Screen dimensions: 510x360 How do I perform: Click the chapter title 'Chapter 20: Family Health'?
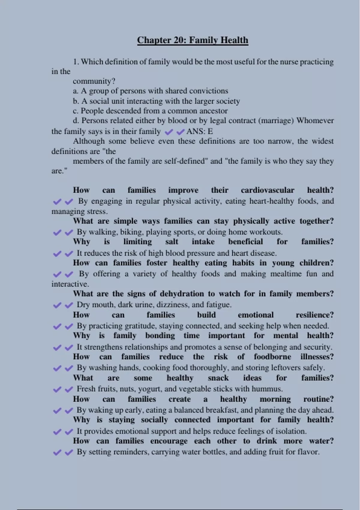(193, 40)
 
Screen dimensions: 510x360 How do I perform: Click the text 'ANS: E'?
(199, 131)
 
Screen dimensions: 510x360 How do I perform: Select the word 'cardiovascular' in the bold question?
(267, 190)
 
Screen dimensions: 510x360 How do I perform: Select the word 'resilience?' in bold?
(314, 315)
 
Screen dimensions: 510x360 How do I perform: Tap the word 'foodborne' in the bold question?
(272, 357)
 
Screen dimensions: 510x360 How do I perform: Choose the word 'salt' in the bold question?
(172, 242)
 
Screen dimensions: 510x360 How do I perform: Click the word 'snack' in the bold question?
(218, 378)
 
